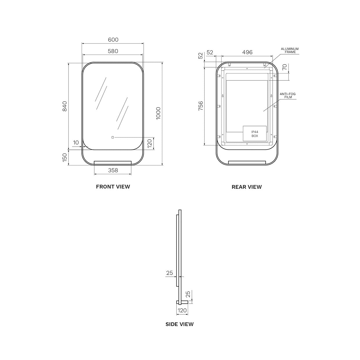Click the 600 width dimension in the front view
pyautogui.click(x=113, y=40)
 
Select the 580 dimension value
pyautogui.click(x=113, y=51)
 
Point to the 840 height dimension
pyautogui.click(x=64, y=106)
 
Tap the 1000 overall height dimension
pyautogui.click(x=158, y=114)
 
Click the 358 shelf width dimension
pyautogui.click(x=113, y=170)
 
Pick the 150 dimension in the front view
pyautogui.click(x=64, y=157)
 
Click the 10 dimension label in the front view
pyautogui.click(x=76, y=143)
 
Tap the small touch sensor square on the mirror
pyautogui.click(x=113, y=138)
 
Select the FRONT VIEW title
pyautogui.click(x=113, y=187)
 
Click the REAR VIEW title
pyautogui.click(x=246, y=187)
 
